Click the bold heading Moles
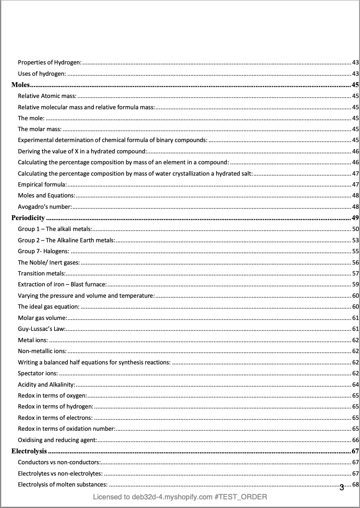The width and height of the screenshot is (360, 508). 20,85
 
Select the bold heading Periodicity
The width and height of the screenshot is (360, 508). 28,218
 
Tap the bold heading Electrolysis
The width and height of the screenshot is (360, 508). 29,451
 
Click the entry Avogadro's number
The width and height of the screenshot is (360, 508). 44,207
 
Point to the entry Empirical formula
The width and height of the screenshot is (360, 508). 42,185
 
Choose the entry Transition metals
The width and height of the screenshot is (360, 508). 41,274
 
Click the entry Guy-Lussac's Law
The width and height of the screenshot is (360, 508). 41,329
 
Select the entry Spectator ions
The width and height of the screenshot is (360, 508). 38,373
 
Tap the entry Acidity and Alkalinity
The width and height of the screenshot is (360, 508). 46,385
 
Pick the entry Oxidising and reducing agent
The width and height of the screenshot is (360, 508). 57,440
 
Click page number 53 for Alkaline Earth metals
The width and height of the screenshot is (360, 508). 355,240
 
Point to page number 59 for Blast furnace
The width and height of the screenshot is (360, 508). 355,285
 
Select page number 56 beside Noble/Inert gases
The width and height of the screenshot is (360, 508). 355,263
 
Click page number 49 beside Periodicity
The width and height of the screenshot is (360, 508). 355,218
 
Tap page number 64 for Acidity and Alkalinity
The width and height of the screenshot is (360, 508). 355,385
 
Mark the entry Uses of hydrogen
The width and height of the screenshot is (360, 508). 42,74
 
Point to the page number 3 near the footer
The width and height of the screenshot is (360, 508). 342,488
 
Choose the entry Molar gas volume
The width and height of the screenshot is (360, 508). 42,318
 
